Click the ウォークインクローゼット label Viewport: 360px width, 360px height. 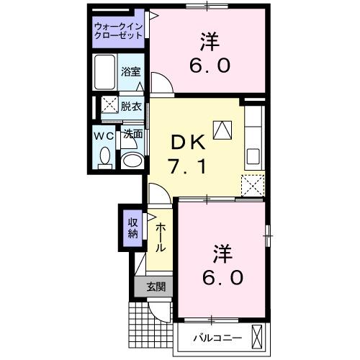(118, 32)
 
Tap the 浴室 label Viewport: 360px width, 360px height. (130, 73)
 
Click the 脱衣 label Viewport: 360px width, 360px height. (130, 105)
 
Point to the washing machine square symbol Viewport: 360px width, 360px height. (109, 106)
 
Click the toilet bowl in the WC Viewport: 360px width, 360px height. (104, 156)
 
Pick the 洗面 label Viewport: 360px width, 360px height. (132, 134)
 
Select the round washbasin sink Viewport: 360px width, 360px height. (130, 159)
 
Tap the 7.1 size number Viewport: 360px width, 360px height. (189, 167)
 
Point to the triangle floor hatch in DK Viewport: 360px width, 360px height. (224, 129)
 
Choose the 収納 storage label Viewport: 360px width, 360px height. (133, 228)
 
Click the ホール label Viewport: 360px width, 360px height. (161, 235)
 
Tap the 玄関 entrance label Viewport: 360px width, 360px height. (156, 287)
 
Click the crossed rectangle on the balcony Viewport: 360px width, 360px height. (258, 336)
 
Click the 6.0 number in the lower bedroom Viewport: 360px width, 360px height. (221, 276)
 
